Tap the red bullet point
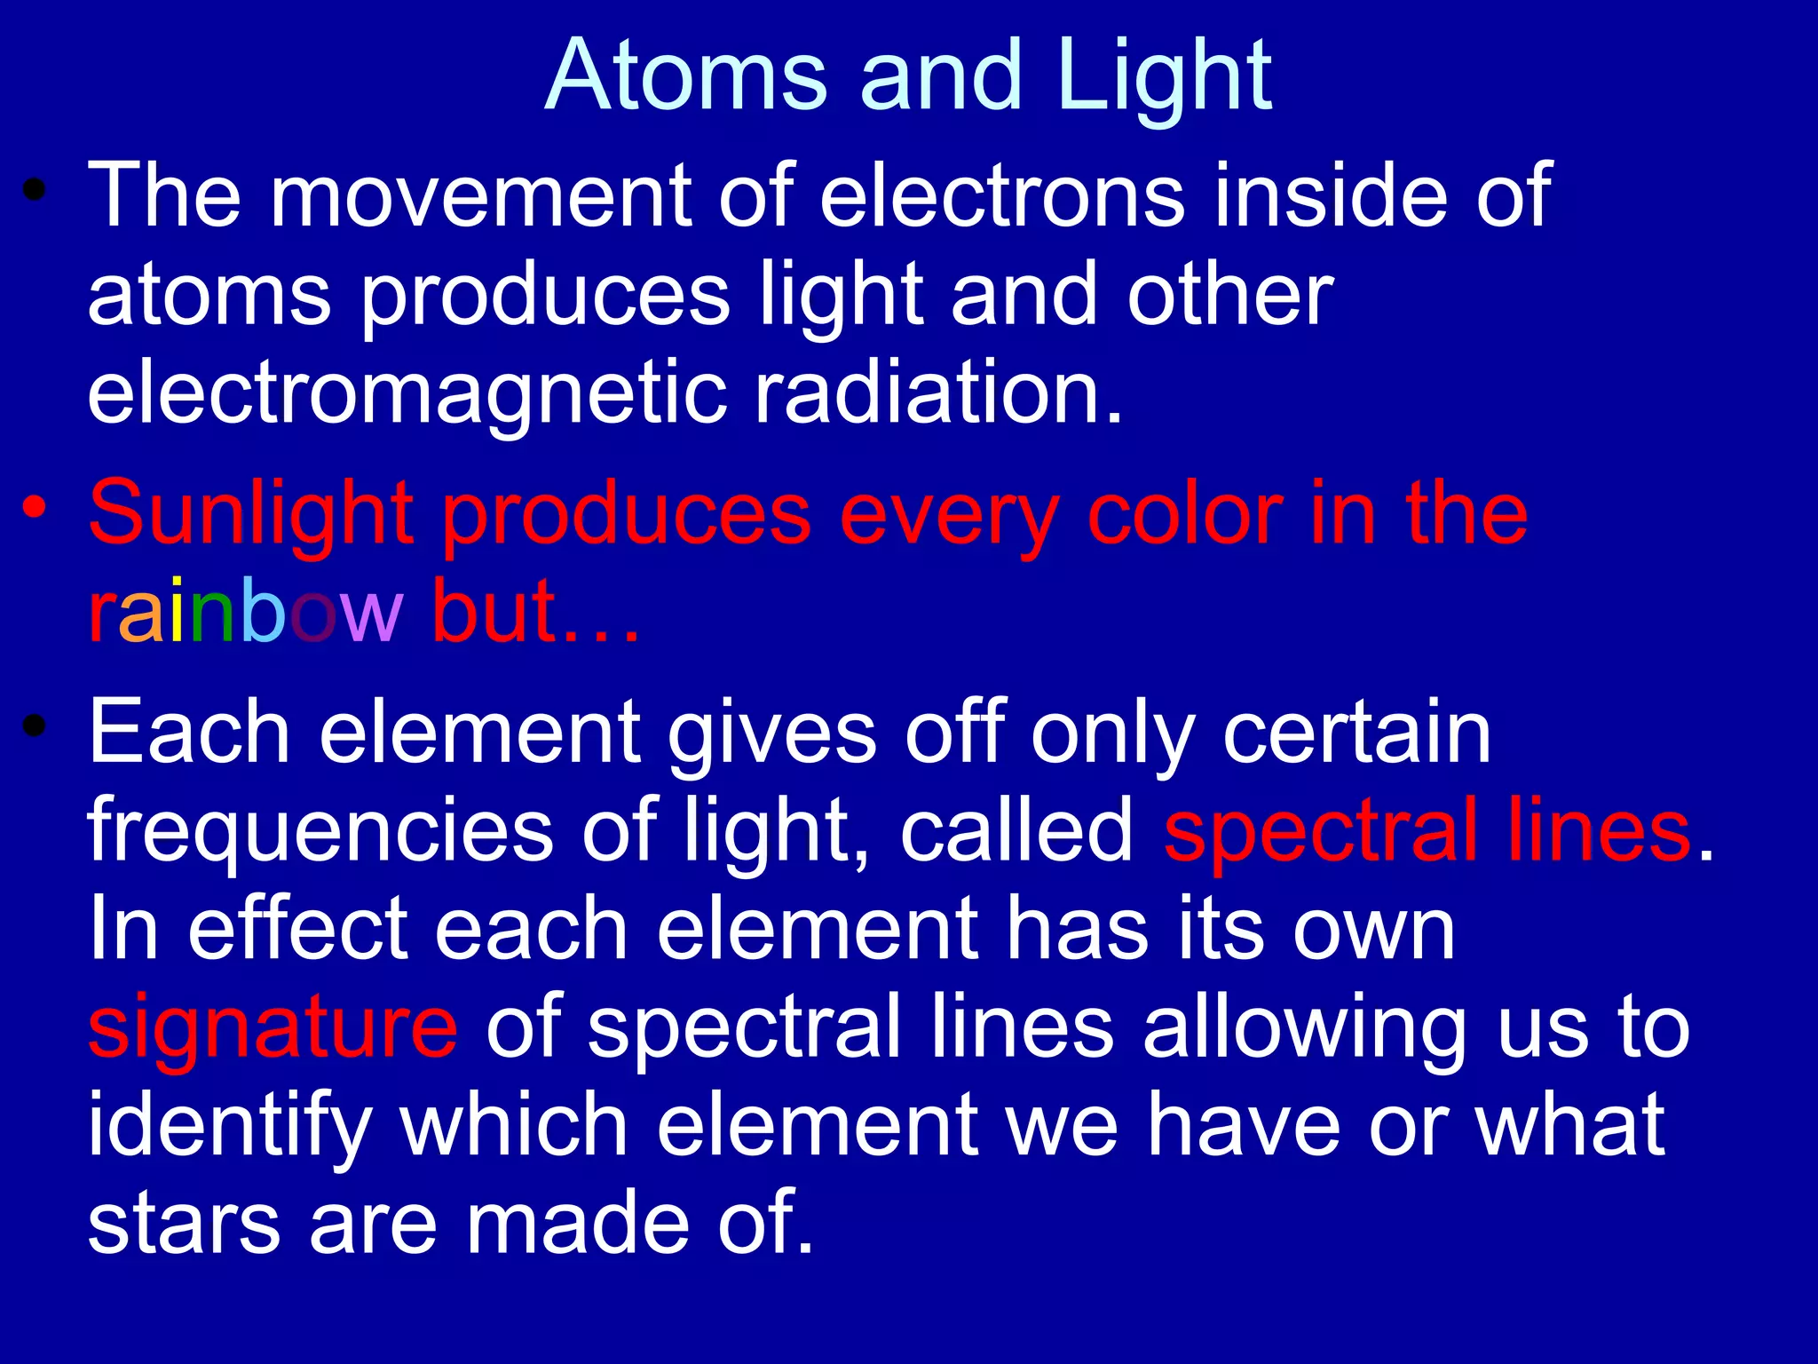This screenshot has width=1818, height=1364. tap(35, 508)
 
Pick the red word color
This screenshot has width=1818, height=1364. tap(1184, 515)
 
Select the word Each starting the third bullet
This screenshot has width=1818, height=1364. tap(189, 733)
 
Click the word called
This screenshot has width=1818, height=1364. tap(1016, 830)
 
